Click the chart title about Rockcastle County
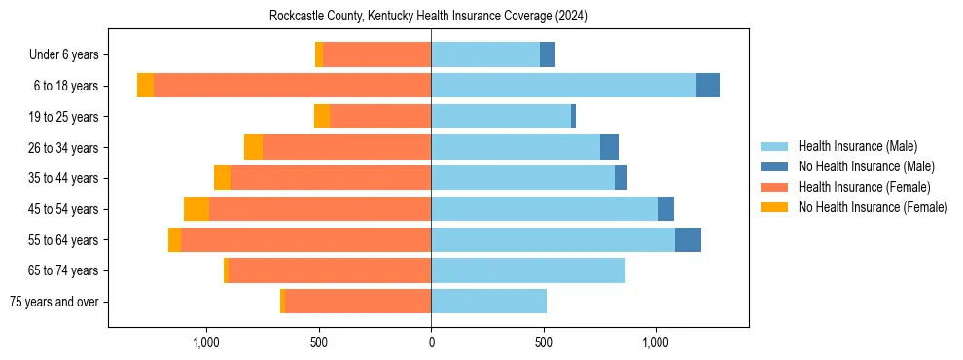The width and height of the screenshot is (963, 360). pyautogui.click(x=428, y=17)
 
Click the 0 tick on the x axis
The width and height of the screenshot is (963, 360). pyautogui.click(x=431, y=342)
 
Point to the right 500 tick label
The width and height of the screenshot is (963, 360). pyautogui.click(x=544, y=342)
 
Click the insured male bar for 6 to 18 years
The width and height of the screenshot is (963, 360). pyautogui.click(x=563, y=86)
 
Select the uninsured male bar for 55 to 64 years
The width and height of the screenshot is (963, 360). pyautogui.click(x=688, y=240)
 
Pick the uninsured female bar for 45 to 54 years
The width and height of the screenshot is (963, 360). pyautogui.click(x=196, y=209)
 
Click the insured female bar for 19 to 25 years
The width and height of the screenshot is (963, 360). pyautogui.click(x=380, y=117)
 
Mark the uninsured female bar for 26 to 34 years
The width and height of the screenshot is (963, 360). pyautogui.click(x=253, y=148)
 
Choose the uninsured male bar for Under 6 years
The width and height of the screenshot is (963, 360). pyautogui.click(x=548, y=55)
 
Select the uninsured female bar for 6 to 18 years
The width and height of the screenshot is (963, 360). pyautogui.click(x=145, y=86)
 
